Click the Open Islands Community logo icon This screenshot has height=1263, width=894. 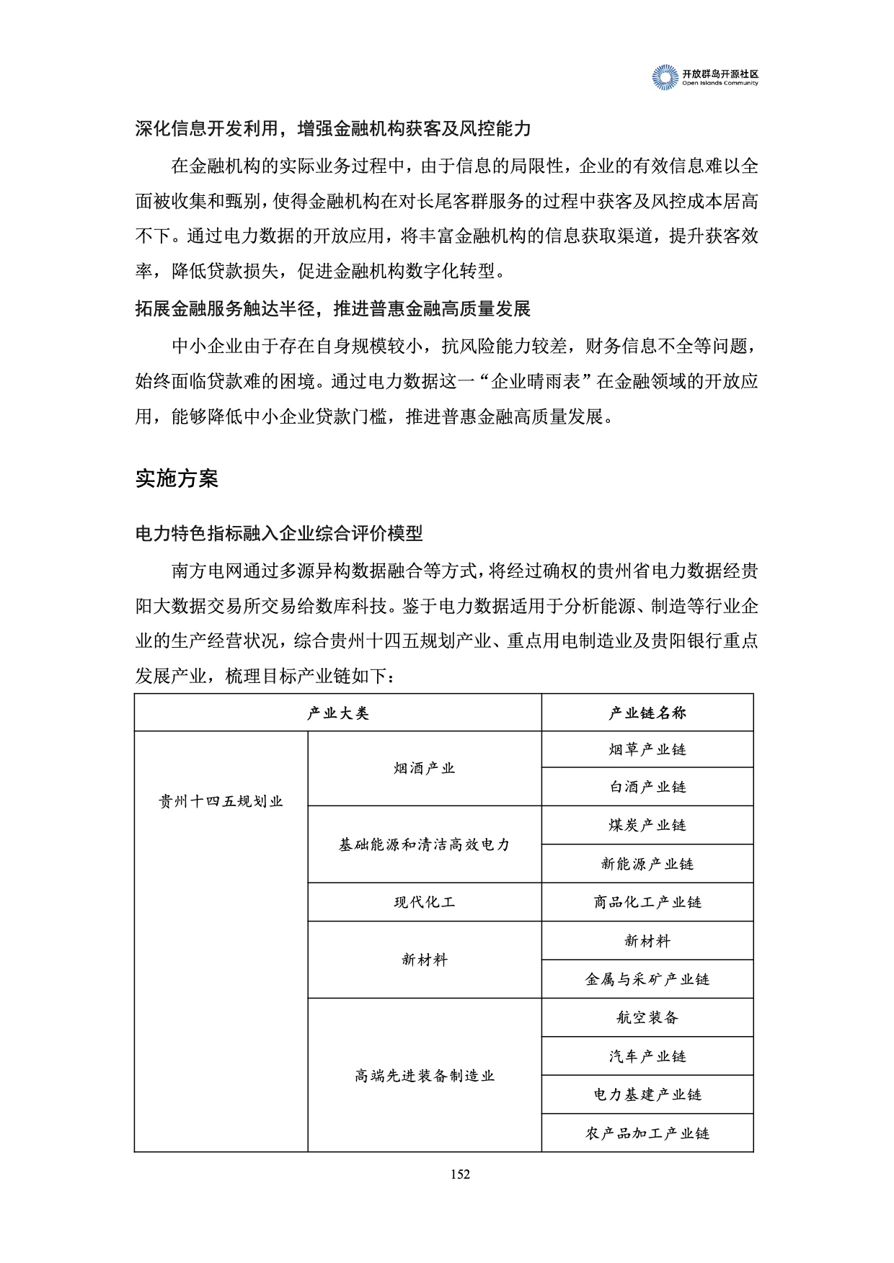coord(665,78)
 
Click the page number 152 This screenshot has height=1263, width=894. coord(460,1174)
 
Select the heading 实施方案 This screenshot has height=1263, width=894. coord(177,479)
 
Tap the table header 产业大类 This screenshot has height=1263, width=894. coord(337,713)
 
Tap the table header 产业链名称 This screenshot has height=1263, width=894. coord(647,713)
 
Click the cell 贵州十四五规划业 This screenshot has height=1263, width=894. coord(221,802)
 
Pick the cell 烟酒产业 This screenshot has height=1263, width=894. coord(425,769)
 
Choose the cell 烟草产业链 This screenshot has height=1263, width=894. coord(647,750)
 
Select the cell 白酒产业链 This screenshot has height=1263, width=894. coord(647,787)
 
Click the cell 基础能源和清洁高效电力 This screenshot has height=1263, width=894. coord(425,844)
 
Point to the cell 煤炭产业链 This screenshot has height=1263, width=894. coord(647,826)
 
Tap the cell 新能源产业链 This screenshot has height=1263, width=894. coord(647,864)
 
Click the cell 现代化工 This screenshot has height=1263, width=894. coord(425,902)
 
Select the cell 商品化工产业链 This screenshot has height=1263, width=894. coord(647,902)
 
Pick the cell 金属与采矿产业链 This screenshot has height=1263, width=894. coord(647,979)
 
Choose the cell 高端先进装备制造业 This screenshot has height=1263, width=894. coord(425,1076)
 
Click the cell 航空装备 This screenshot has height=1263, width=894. coord(647,1017)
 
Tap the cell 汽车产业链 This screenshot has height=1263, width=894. coord(647,1056)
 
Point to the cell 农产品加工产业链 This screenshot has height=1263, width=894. coord(647,1133)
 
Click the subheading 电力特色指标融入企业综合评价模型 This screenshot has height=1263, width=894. coord(279,534)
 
